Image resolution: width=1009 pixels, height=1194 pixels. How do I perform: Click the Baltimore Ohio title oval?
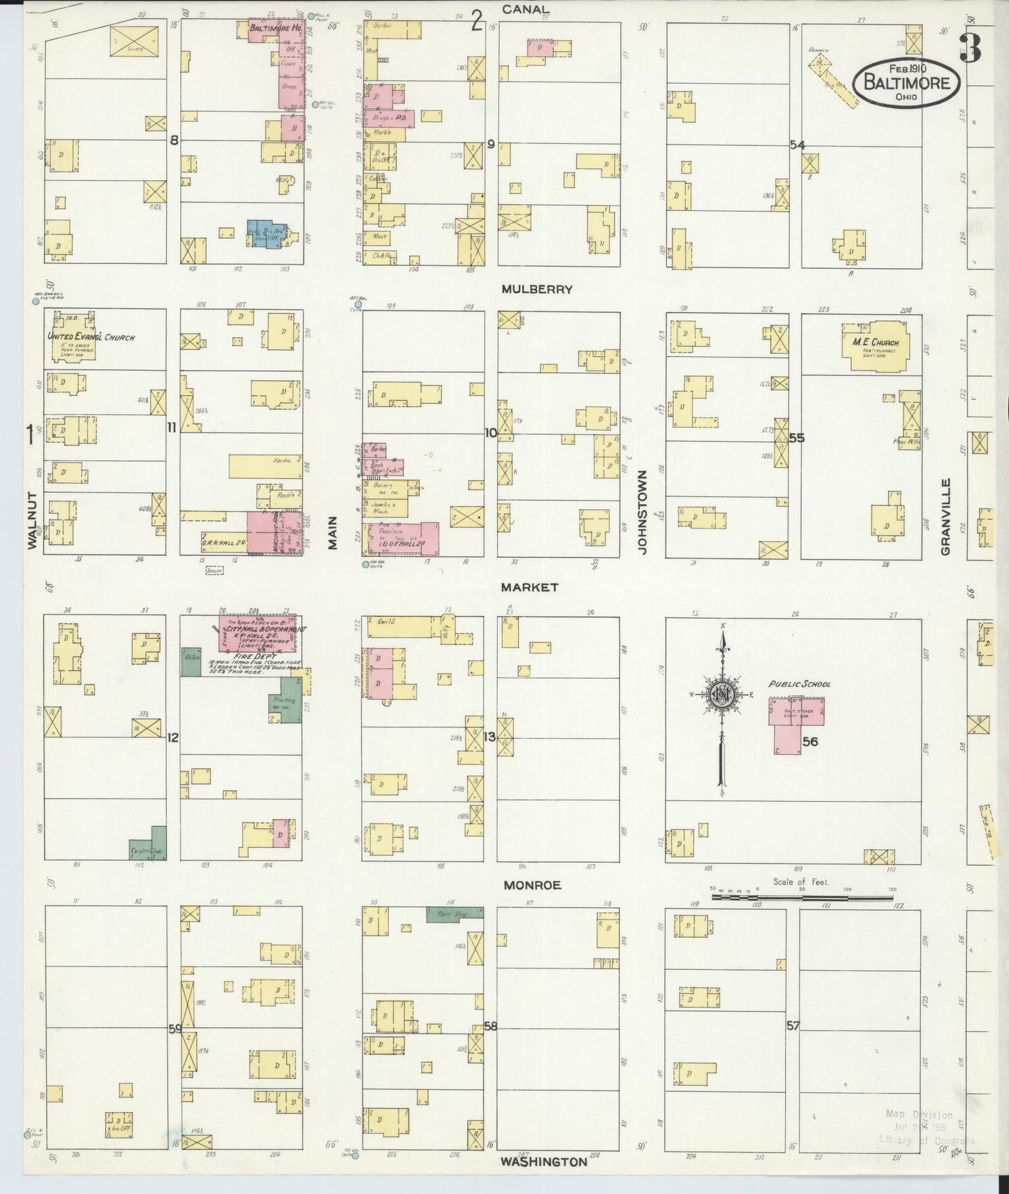(x=906, y=82)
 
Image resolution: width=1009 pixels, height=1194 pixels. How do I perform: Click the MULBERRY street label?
(x=536, y=288)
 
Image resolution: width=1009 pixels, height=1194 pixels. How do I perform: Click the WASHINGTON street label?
(x=544, y=1162)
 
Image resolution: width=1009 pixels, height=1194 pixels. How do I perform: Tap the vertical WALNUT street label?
(x=31, y=520)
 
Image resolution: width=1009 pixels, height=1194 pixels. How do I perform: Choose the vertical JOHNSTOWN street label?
(x=642, y=512)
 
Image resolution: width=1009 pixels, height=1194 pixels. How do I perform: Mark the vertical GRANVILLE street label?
(x=945, y=517)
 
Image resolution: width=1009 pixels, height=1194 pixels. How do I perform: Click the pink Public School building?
(x=796, y=723)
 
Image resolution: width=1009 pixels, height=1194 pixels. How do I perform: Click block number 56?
(x=809, y=742)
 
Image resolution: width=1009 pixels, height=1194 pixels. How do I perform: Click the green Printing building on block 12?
(x=287, y=705)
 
